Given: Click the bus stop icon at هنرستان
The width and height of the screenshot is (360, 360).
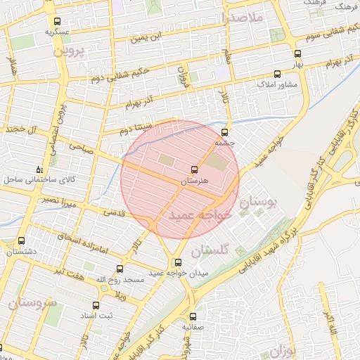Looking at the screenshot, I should pyautogui.click(x=194, y=169).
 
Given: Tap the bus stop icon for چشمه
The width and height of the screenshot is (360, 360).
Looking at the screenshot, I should pyautogui.click(x=225, y=132).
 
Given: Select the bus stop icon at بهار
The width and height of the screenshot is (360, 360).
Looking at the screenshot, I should pyautogui.click(x=297, y=53).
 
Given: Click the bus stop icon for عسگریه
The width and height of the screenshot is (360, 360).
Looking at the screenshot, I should pyautogui.click(x=57, y=21).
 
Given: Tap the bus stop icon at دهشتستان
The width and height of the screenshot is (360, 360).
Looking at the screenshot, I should pyautogui.click(x=21, y=240).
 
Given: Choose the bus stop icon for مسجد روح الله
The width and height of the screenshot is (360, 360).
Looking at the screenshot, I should pyautogui.click(x=120, y=269).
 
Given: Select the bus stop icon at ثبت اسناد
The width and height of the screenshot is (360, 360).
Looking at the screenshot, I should pyautogui.click(x=96, y=306).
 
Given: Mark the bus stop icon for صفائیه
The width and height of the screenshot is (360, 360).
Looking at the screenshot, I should pyautogui.click(x=193, y=316).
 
